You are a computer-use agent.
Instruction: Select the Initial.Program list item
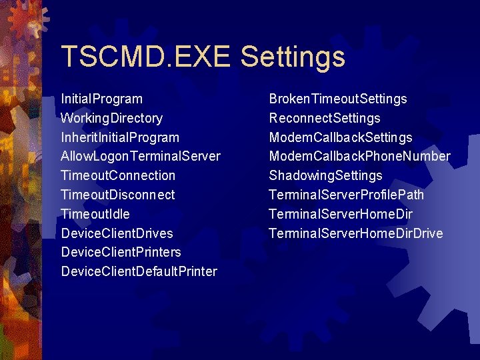tap(101, 99)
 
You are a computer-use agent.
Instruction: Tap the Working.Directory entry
tap(111, 119)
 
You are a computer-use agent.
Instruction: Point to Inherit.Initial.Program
tap(120, 138)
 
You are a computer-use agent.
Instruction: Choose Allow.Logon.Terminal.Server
tap(140, 157)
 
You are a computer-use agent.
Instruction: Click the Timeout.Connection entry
tap(118, 176)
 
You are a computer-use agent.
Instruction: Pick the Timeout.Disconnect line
tap(117, 195)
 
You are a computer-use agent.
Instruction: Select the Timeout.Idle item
tap(95, 214)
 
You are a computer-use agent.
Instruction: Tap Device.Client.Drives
tap(117, 233)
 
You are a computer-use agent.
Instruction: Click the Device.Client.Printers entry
tap(121, 253)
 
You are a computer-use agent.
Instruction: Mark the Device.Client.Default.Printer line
tap(139, 272)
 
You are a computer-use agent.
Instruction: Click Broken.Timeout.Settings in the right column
tap(337, 99)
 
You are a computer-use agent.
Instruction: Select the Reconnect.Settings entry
tap(324, 119)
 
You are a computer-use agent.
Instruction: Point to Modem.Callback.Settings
tap(340, 138)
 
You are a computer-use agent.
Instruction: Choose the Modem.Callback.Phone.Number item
tap(359, 157)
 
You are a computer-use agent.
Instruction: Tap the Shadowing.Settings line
tap(325, 176)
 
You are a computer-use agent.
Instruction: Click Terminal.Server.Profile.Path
tap(346, 195)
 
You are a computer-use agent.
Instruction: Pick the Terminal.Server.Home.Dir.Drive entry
tap(355, 233)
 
